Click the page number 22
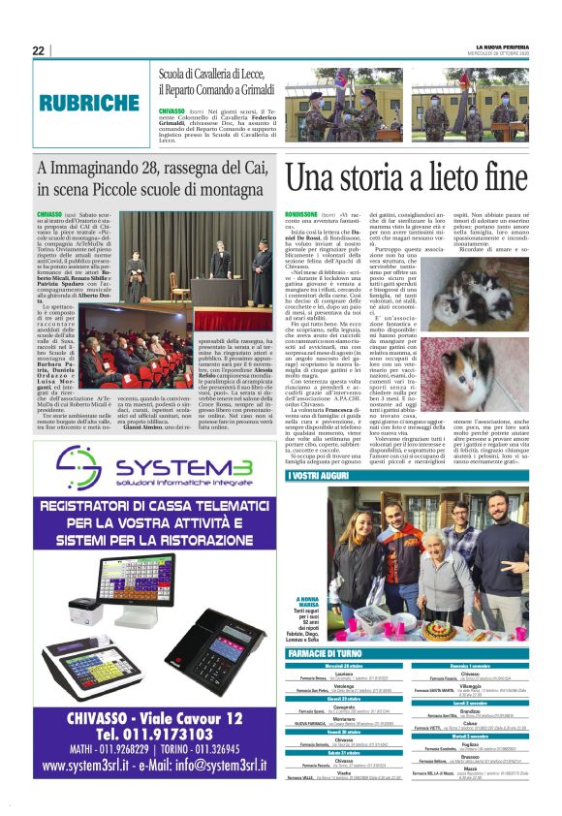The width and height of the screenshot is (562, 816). pos(38,50)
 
